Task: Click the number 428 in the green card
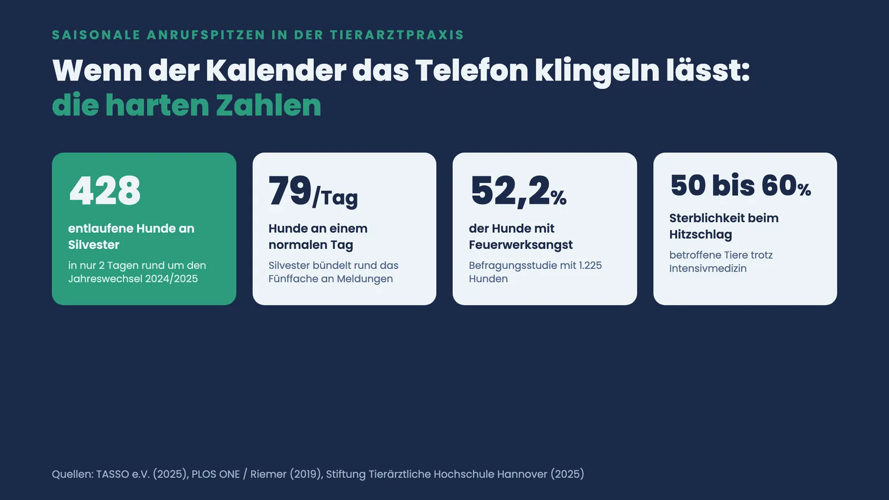click(x=105, y=191)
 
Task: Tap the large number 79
click(x=290, y=191)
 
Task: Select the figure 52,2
click(x=510, y=191)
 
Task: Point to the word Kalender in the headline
click(x=276, y=71)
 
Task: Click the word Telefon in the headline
click(x=472, y=71)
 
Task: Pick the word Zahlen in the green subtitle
click(x=268, y=105)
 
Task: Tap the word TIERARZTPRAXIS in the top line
click(x=397, y=35)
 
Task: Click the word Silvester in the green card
click(x=94, y=244)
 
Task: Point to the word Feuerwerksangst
click(x=521, y=245)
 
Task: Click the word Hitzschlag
click(x=701, y=234)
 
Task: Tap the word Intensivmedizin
click(x=708, y=268)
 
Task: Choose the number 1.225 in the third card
click(x=590, y=266)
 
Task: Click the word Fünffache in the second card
click(x=293, y=278)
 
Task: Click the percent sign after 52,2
click(x=558, y=198)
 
